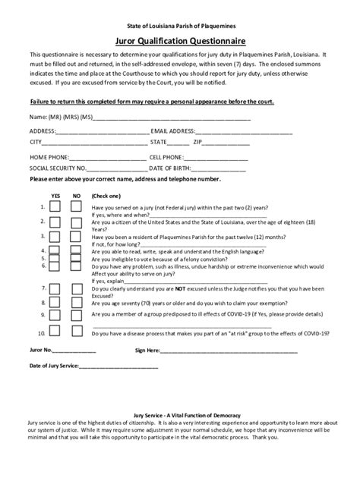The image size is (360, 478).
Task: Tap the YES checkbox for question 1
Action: click(55, 208)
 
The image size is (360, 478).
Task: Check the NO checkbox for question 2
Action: click(77, 222)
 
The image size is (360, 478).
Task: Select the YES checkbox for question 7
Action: click(55, 289)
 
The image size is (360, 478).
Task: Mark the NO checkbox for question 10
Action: click(77, 332)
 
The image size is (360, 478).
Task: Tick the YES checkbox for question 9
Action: click(55, 313)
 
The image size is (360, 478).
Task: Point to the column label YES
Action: click(55, 196)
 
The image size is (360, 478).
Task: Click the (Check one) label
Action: click(106, 196)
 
